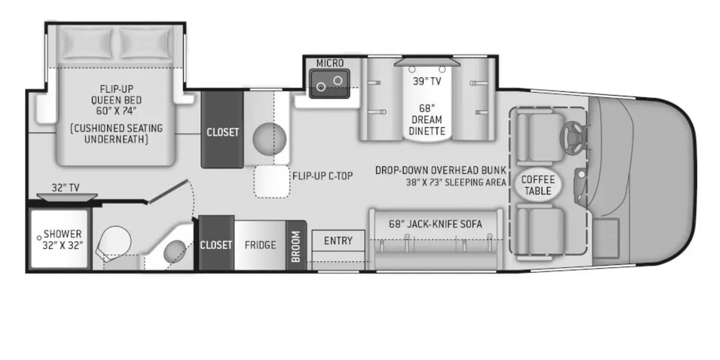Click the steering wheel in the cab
click(x=572, y=137)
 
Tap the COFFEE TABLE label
click(x=538, y=185)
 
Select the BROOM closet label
click(x=296, y=247)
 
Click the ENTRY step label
click(x=338, y=241)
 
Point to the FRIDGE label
click(x=260, y=245)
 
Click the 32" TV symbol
click(x=67, y=197)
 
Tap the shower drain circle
click(x=39, y=238)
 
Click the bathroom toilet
click(x=113, y=242)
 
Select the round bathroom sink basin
click(x=175, y=251)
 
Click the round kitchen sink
click(x=269, y=139)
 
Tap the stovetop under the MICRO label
click(x=329, y=83)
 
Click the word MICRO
click(x=330, y=64)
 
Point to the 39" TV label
click(x=427, y=82)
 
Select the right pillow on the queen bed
click(x=146, y=43)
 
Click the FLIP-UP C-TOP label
click(x=322, y=176)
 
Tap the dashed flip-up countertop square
click(x=272, y=182)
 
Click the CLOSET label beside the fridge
click(x=216, y=245)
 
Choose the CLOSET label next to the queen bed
click(x=223, y=132)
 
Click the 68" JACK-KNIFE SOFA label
click(x=436, y=224)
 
